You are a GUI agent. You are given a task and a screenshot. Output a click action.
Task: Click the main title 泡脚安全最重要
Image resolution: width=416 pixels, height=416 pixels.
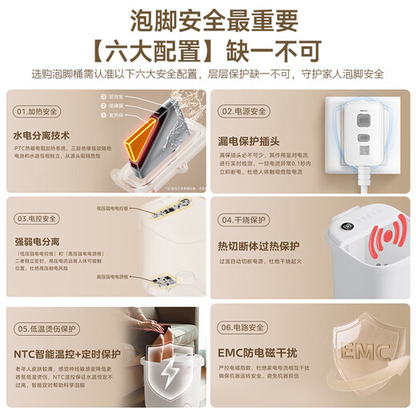pos(207,18)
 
